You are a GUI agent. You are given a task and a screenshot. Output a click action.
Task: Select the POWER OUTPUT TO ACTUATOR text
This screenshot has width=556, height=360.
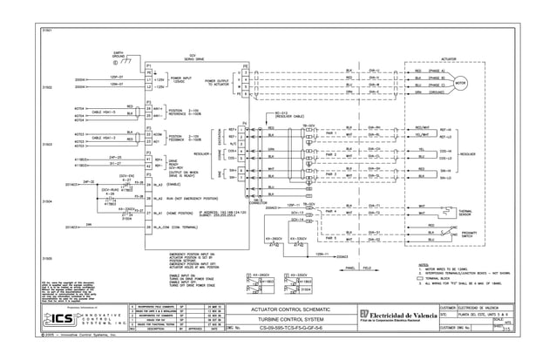(x=218, y=83)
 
